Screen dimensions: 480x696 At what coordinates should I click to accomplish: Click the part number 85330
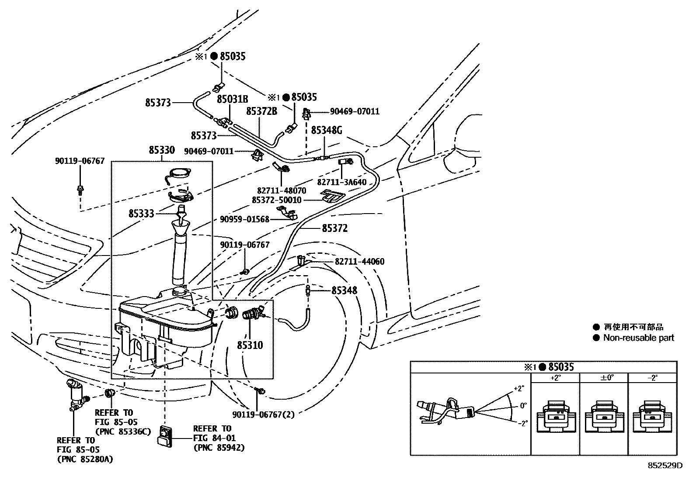pos(161,151)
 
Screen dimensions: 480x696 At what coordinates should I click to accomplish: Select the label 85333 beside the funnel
pos(141,214)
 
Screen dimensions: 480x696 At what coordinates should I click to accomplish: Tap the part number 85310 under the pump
pos(250,345)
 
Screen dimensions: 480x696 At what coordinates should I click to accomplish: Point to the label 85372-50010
pos(276,200)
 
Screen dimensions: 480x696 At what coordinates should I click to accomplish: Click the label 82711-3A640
pos(341,182)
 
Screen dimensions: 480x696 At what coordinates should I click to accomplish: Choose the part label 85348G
pos(326,131)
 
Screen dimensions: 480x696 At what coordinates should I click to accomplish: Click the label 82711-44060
pos(359,262)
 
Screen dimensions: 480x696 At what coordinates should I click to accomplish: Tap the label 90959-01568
pos(244,219)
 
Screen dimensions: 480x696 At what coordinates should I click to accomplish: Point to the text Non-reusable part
pos(638,338)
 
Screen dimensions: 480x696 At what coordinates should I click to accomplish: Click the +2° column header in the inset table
pos(555,378)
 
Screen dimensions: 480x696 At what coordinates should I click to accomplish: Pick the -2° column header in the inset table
pos(652,378)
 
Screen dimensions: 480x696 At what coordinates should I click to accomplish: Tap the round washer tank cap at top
pos(180,173)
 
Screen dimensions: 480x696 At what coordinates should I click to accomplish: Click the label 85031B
pos(233,100)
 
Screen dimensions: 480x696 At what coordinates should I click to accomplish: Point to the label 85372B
pos(261,111)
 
